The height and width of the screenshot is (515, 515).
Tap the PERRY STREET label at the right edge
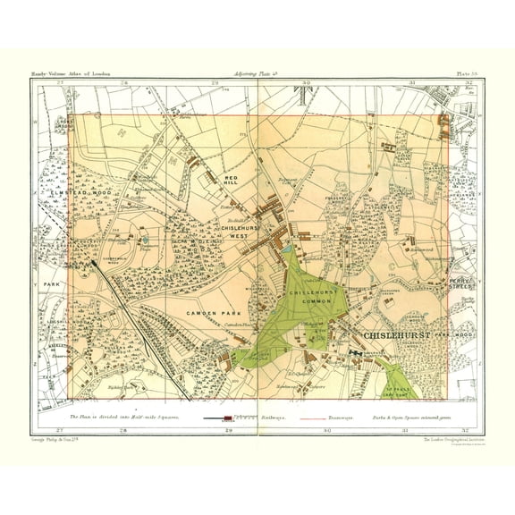[x=462, y=283]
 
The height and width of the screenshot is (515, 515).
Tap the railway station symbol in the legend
[x=227, y=418]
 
